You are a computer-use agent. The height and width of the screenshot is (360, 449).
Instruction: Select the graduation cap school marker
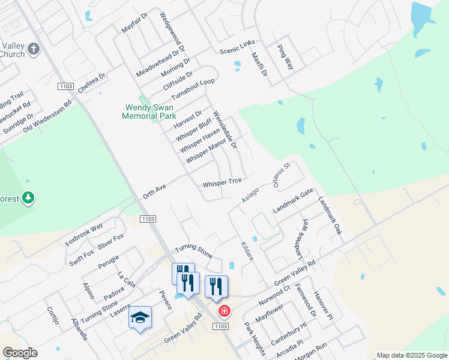pos(140,317)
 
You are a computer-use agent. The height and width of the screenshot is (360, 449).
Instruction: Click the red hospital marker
pos(224,311)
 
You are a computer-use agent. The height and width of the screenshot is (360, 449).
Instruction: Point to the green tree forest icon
pos(28,197)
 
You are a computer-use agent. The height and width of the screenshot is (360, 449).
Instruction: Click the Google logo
pos(20,353)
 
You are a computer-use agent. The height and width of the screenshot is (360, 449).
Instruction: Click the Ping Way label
pos(285,58)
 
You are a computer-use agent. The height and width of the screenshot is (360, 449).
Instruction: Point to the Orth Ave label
pos(154,191)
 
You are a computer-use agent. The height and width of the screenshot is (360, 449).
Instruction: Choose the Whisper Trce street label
pos(222,181)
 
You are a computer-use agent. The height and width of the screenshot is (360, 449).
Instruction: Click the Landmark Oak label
pos(330,215)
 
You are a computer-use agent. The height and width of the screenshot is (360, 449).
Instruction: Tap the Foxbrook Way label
pos(84,234)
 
